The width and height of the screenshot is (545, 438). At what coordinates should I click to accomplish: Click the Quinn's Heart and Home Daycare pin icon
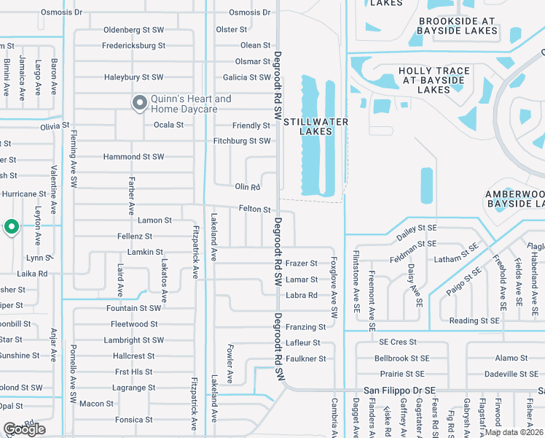[x=138, y=104]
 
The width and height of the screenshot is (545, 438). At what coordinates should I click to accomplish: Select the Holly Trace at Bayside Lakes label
[x=434, y=80]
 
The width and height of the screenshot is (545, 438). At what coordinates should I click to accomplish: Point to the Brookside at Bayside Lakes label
[x=456, y=26]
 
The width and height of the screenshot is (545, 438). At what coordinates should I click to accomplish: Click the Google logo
[x=24, y=429]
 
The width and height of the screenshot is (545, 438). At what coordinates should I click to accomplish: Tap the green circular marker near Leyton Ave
[x=12, y=228]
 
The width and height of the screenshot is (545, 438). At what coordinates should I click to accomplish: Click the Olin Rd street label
[x=247, y=187]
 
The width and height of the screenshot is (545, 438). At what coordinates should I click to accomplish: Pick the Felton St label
[x=254, y=210]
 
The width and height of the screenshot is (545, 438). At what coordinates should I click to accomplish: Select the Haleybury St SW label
[x=133, y=77]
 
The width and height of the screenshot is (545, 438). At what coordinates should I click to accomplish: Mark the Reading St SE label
[x=474, y=320]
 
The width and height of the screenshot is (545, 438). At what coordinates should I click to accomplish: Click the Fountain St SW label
[x=133, y=308]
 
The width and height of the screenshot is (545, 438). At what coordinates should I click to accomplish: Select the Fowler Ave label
[x=230, y=364]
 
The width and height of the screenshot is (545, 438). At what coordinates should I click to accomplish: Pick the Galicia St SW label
[x=247, y=77]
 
